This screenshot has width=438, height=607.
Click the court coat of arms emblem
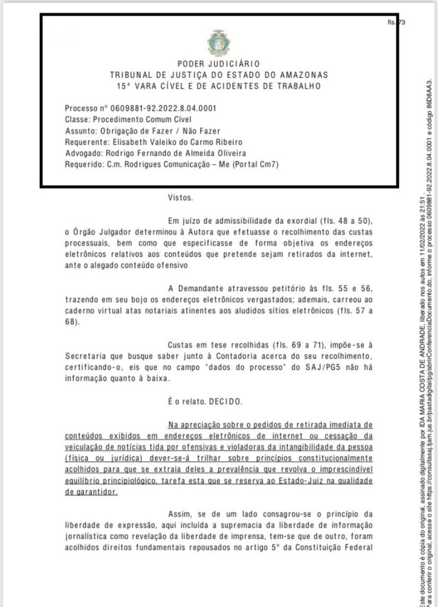217,42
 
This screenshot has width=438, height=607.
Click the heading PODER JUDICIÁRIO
218,64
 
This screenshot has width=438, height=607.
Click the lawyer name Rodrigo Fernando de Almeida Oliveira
171,154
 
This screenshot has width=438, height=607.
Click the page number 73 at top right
402,23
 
